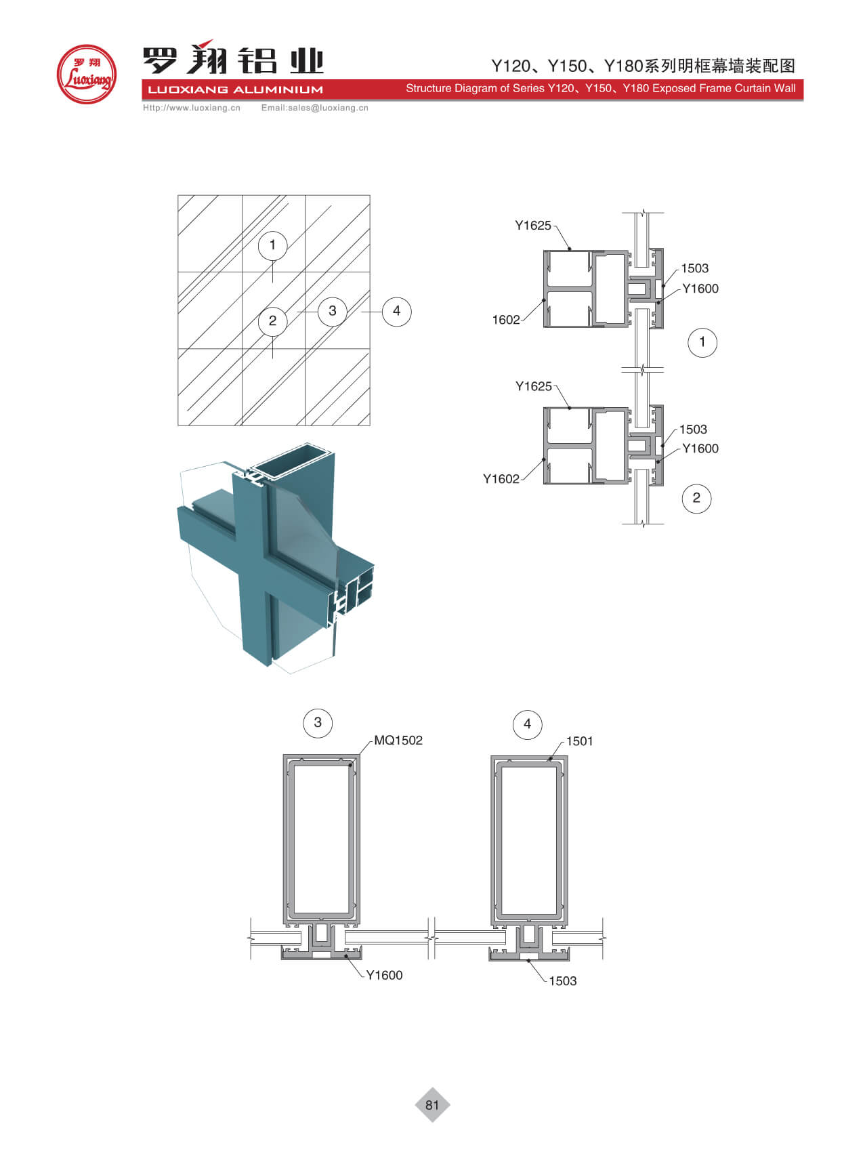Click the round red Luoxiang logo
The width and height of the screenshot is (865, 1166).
(86, 74)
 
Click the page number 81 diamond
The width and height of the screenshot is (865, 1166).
(432, 1105)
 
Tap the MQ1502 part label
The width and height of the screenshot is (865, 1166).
(398, 741)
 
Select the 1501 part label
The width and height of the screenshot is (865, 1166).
(579, 741)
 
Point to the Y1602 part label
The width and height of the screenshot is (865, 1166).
(501, 479)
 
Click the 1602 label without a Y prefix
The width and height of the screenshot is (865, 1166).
(506, 320)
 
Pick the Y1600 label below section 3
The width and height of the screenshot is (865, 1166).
(384, 975)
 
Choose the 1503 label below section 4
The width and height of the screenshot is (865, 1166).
(562, 981)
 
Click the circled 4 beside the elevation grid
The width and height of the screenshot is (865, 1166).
(396, 311)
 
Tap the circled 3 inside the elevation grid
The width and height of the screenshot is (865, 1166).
(332, 311)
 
